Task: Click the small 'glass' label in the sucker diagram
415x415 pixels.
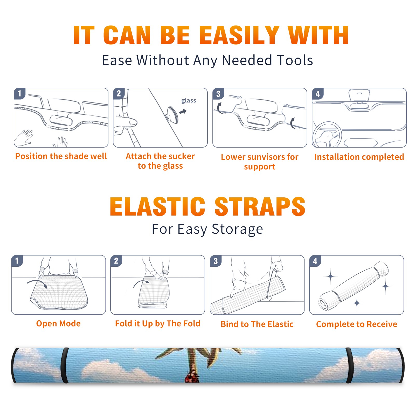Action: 189,101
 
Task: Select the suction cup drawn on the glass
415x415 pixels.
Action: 172,114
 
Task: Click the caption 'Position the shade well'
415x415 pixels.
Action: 61,156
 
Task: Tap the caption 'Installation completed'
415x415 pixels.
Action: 359,157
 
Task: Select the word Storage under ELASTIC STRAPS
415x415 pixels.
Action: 237,229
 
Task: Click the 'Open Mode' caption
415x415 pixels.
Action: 58,323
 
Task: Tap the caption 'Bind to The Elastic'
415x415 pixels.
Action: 257,324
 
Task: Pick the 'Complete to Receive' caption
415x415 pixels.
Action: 357,324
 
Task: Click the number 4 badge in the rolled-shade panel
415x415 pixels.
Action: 315,261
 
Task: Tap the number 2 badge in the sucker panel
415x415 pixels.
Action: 119,94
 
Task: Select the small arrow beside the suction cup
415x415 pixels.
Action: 183,112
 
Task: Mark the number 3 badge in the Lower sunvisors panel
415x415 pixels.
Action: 218,94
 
